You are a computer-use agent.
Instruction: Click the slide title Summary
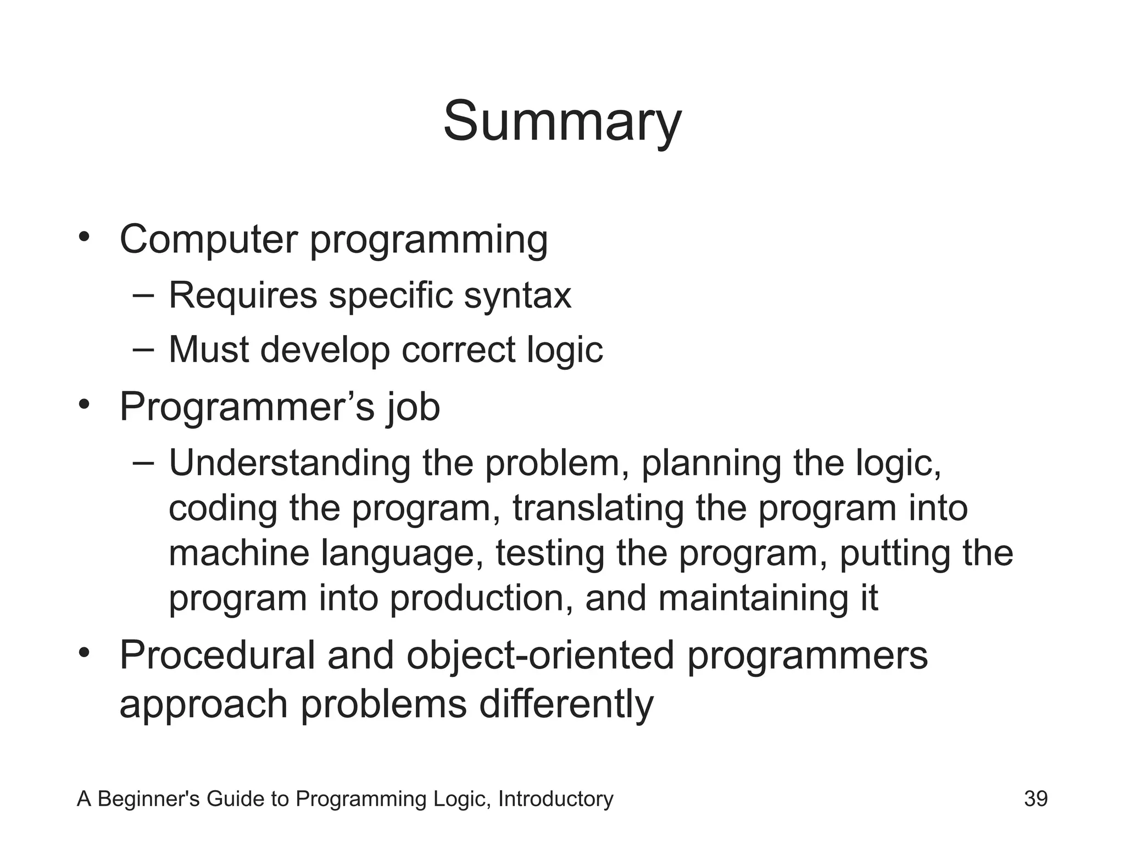pyautogui.click(x=562, y=122)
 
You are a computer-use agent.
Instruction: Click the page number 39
pyautogui.click(x=1035, y=799)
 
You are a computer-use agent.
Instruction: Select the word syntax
pyautogui.click(x=517, y=296)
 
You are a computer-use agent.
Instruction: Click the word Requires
pyautogui.click(x=243, y=296)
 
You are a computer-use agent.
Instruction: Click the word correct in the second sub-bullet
pyautogui.click(x=459, y=349)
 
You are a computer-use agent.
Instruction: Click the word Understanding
pyautogui.click(x=289, y=463)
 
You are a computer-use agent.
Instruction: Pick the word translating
pyautogui.click(x=598, y=508)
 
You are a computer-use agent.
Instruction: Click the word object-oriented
pyautogui.click(x=540, y=656)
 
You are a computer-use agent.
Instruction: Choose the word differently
pyautogui.click(x=566, y=704)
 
